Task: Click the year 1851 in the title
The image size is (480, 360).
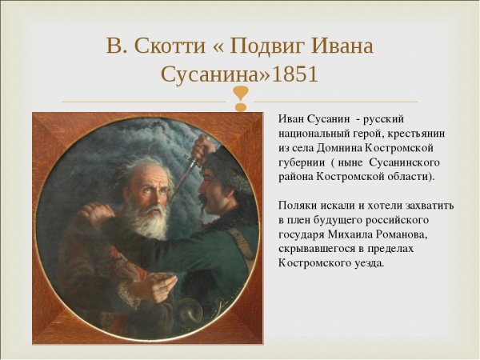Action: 295,74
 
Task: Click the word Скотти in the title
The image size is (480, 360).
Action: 167,46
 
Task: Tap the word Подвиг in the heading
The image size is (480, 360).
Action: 266,46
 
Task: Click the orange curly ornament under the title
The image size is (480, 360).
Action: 240,100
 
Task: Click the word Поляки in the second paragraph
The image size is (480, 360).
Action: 299,206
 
